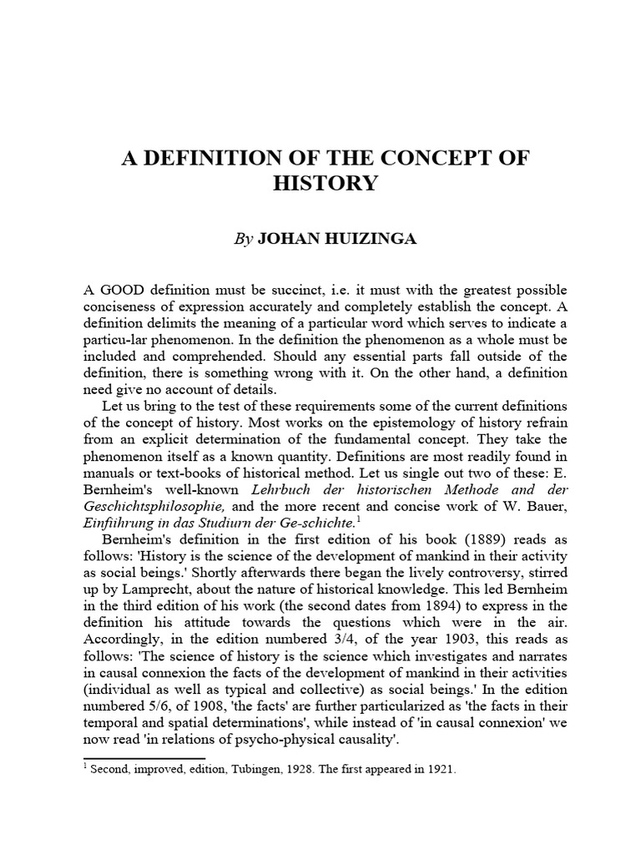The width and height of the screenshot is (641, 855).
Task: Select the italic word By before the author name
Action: tap(243, 239)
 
